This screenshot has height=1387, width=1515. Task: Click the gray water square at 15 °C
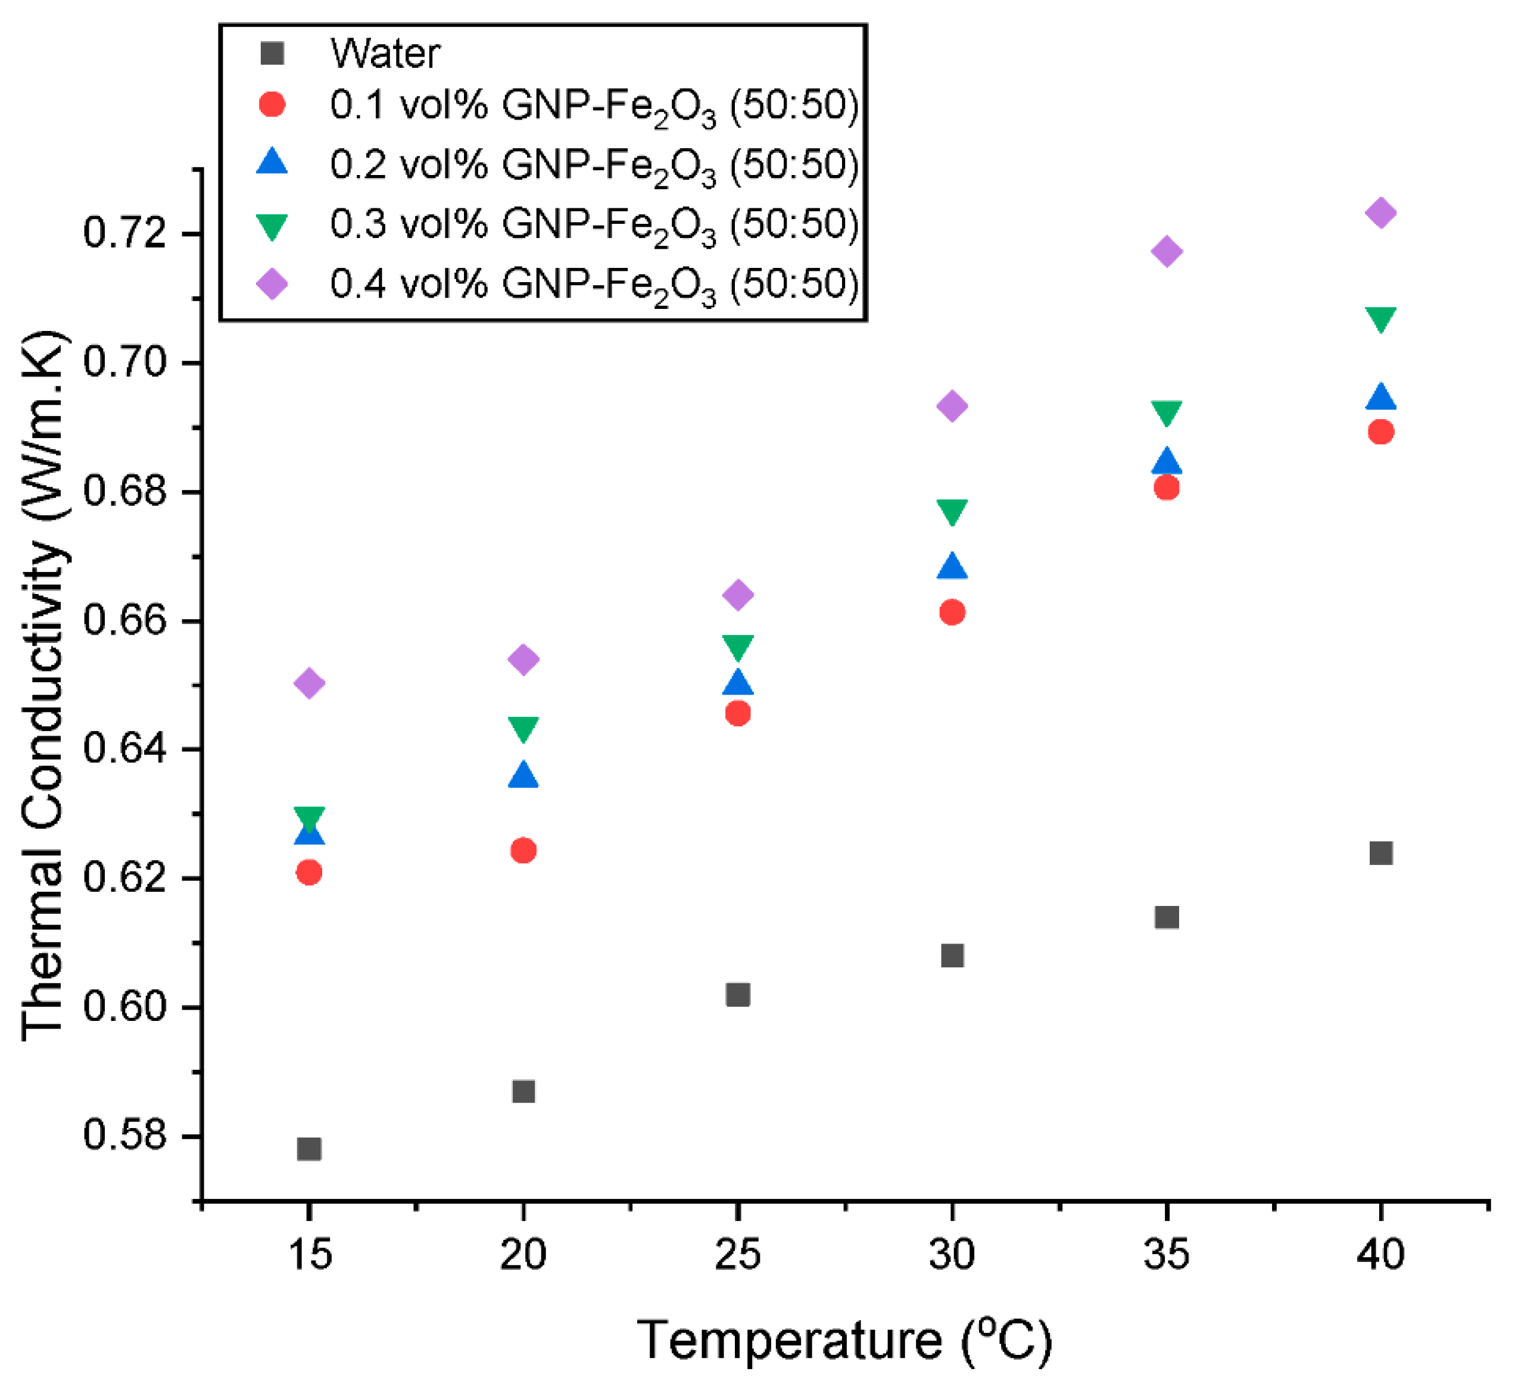(309, 1149)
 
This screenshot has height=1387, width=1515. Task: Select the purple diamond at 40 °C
(1380, 213)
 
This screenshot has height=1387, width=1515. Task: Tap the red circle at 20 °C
(523, 851)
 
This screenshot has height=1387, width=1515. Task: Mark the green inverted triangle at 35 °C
(1166, 412)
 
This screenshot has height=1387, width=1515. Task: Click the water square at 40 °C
(1380, 853)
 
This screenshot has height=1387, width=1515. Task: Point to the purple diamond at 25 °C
(738, 594)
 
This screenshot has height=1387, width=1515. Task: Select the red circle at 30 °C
(952, 613)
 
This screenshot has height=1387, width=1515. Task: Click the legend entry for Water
(385, 54)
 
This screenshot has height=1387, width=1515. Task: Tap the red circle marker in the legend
(272, 104)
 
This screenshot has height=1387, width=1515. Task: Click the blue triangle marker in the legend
(272, 163)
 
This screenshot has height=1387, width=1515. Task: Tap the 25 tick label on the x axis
(738, 1254)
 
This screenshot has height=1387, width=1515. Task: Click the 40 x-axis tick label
(1380, 1254)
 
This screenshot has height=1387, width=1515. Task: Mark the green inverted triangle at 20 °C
(523, 728)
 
